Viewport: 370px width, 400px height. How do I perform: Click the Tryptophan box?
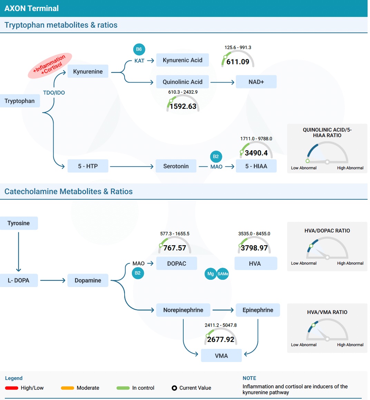pyautogui.click(x=20, y=101)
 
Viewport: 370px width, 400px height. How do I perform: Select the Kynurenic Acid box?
pyautogui.click(x=183, y=60)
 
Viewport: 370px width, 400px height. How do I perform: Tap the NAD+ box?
pyautogui.click(x=256, y=82)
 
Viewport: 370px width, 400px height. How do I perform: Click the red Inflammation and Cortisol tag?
pyautogui.click(x=50, y=66)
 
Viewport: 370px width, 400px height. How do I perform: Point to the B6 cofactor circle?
pyautogui.click(x=139, y=49)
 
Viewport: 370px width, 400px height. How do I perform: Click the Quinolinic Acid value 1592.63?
pyautogui.click(x=183, y=106)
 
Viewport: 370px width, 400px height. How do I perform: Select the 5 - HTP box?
pyautogui.click(x=88, y=166)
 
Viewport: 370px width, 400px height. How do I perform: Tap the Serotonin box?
pyautogui.click(x=176, y=166)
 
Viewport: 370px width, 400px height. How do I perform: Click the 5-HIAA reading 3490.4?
pyautogui.click(x=256, y=153)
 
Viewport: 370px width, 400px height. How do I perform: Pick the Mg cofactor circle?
pyautogui.click(x=211, y=274)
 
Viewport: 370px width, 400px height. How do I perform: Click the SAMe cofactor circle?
pyautogui.click(x=223, y=274)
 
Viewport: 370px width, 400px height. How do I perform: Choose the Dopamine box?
pyautogui.click(x=88, y=280)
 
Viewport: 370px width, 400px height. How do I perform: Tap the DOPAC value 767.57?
pyautogui.click(x=175, y=248)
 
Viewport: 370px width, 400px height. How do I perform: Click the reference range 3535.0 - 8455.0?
pyautogui.click(x=254, y=234)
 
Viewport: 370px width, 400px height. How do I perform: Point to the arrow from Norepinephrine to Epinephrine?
pyautogui.click(x=223, y=310)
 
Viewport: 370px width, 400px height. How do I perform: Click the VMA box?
pyautogui.click(x=221, y=356)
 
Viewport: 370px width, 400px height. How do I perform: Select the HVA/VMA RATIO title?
pyautogui.click(x=327, y=312)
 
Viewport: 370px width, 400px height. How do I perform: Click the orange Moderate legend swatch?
pyautogui.click(x=67, y=388)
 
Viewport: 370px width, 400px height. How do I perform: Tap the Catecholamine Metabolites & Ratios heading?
pyautogui.click(x=68, y=191)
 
